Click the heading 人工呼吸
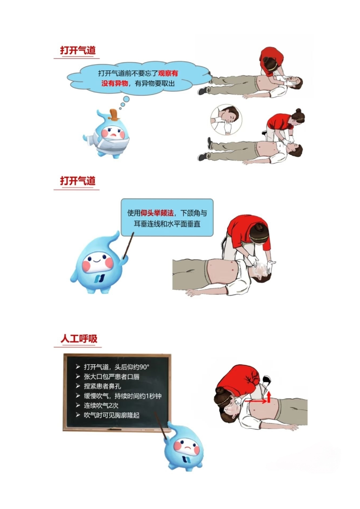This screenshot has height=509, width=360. pos(79,339)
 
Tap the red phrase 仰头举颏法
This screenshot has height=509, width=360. pos(157,213)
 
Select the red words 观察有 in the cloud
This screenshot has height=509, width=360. pos(168,73)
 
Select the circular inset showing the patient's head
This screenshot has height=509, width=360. pos(226,120)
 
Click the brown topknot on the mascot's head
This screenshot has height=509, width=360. pos(113,115)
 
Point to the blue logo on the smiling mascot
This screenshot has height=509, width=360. pos(100,278)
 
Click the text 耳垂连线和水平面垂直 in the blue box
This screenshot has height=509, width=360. pos(167,224)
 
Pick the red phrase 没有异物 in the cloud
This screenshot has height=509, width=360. pos(114,83)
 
